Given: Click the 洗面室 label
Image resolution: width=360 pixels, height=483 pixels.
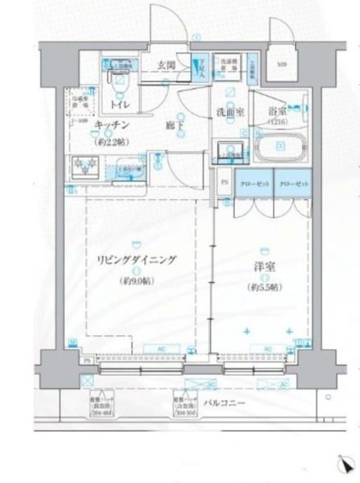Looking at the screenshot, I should pyautogui.click(x=228, y=111).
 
